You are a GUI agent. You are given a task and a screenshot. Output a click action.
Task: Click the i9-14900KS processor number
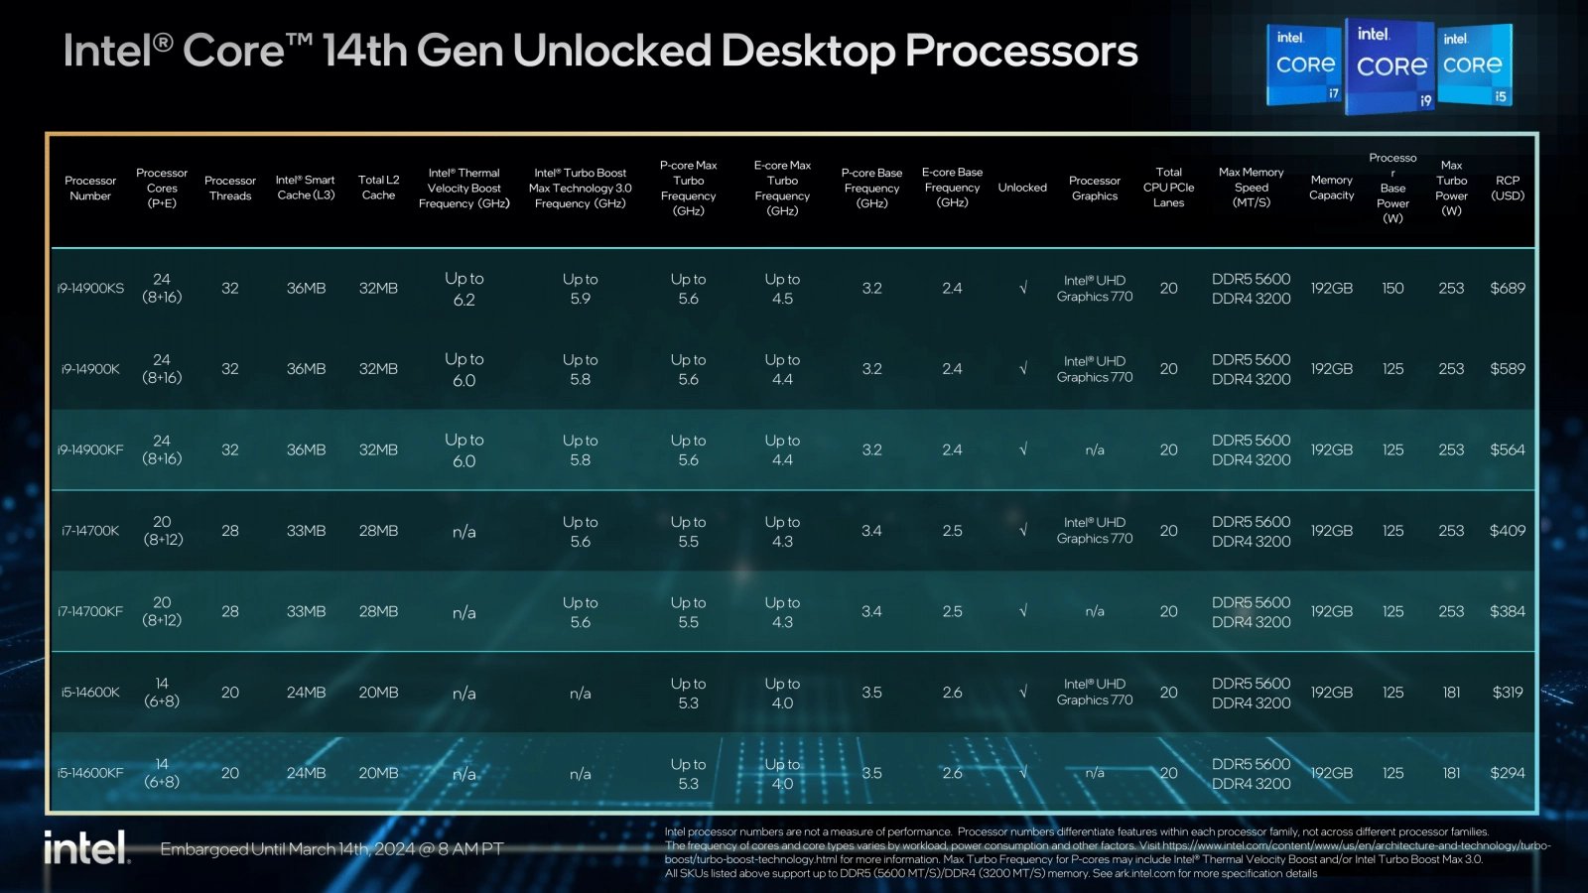[x=90, y=289]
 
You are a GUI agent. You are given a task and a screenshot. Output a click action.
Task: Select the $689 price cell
[x=1507, y=289]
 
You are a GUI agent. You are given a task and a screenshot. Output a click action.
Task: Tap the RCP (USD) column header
[x=1507, y=188]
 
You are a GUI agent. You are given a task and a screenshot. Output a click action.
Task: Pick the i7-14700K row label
[x=90, y=531]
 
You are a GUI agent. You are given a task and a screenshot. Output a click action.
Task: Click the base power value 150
[x=1392, y=289]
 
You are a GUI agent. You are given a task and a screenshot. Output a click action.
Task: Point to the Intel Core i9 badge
[x=1390, y=65]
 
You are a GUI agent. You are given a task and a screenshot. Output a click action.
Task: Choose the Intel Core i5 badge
[x=1474, y=65]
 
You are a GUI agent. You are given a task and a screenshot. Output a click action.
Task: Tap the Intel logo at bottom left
[x=86, y=848]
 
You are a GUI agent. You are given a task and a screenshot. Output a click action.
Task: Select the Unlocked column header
[x=1022, y=188]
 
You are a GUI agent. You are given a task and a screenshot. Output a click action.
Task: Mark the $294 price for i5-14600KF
[x=1507, y=773]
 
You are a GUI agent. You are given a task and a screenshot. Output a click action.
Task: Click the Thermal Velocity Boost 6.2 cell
[x=463, y=289]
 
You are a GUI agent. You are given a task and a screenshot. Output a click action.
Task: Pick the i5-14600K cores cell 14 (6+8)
[x=162, y=693]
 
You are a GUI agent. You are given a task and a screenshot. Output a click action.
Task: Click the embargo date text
[x=331, y=849]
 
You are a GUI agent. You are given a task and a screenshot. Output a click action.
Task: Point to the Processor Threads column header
[x=230, y=188]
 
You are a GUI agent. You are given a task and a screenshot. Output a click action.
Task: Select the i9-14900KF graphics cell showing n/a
[x=1095, y=450]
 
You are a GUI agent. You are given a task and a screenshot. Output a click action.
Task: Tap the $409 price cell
[x=1507, y=531]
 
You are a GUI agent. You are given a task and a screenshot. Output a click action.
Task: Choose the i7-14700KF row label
[x=90, y=612]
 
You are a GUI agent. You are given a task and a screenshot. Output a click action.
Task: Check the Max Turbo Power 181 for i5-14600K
[x=1451, y=693]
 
